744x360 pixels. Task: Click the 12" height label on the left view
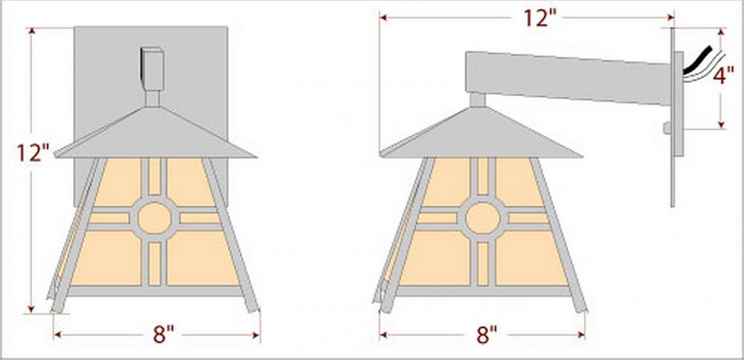pyautogui.click(x=33, y=152)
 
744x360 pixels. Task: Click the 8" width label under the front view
pyautogui.click(x=164, y=335)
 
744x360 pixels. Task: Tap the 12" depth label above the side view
pyautogui.click(x=539, y=18)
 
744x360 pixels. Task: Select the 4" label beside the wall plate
pyautogui.click(x=724, y=75)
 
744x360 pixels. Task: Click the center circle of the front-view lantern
pyautogui.click(x=154, y=218)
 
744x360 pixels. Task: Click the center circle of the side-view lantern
pyautogui.click(x=483, y=218)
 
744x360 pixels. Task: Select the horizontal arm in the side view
pyautogui.click(x=568, y=78)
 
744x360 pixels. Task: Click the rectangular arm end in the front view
pyautogui.click(x=153, y=68)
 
